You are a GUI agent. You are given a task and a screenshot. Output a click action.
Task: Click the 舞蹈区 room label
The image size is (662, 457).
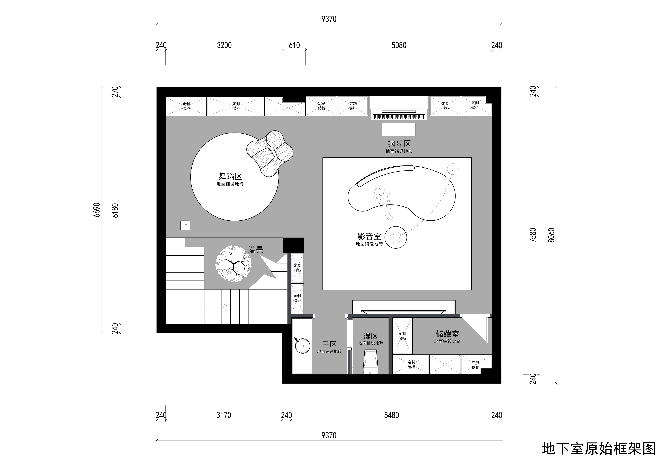click(x=230, y=176)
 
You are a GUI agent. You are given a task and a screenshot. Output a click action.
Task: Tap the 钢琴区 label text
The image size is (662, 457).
click(x=399, y=144)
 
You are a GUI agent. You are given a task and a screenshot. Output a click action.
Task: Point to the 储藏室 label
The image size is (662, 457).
click(x=447, y=334)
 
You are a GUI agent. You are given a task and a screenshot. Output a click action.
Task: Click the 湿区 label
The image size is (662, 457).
click(x=371, y=336)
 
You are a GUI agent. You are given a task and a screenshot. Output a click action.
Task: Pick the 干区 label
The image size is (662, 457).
click(x=329, y=344)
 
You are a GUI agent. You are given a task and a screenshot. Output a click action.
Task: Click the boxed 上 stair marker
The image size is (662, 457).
click(x=185, y=225)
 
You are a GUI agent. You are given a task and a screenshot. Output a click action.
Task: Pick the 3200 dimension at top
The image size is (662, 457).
click(x=224, y=45)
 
